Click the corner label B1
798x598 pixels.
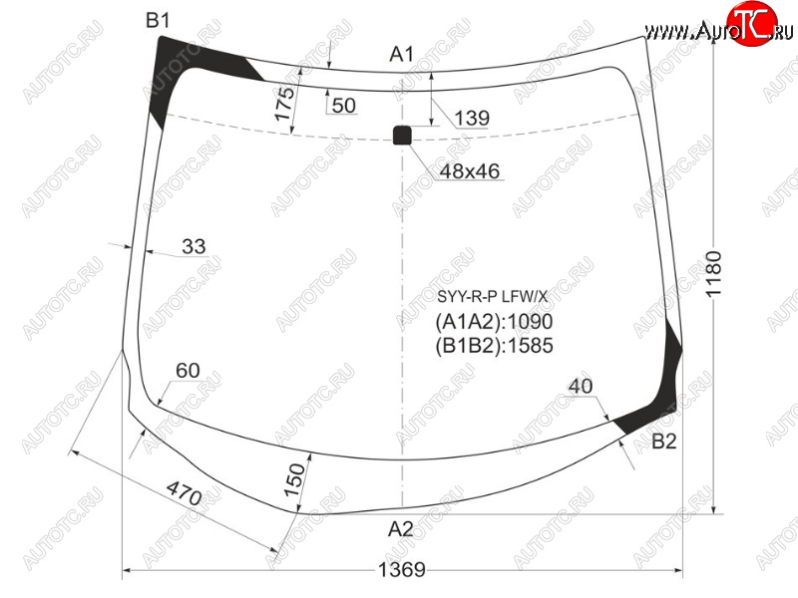tap(158, 20)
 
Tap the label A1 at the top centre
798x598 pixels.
tap(402, 54)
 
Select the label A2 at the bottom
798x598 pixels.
tap(401, 529)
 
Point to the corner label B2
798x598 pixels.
tap(664, 442)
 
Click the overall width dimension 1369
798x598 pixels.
tap(402, 569)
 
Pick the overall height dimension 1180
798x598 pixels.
tap(713, 273)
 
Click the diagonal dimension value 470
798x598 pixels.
tap(185, 493)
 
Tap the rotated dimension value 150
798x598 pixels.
tap(294, 480)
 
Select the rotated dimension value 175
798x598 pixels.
tap(284, 104)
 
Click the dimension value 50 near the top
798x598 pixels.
tap(344, 106)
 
